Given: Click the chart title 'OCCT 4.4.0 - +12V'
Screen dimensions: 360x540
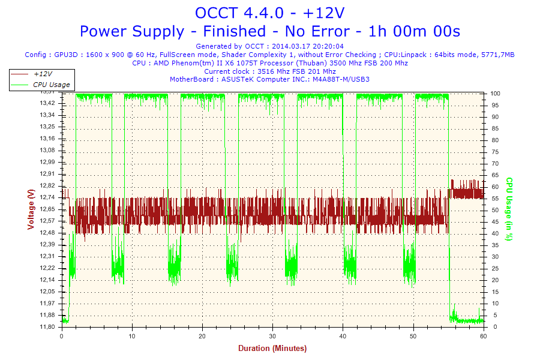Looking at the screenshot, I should [x=269, y=13].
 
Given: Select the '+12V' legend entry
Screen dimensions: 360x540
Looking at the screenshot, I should [x=43, y=74].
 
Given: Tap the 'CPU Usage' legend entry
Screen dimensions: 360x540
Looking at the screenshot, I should [x=51, y=85].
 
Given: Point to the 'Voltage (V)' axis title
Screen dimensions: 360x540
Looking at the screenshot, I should [x=31, y=209].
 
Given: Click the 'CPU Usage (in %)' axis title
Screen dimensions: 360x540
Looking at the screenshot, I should [x=509, y=209].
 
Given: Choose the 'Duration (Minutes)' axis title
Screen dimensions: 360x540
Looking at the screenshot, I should [x=272, y=348].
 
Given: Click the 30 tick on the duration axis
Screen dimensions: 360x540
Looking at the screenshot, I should [x=272, y=336].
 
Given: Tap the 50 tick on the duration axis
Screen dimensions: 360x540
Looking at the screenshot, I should [x=413, y=336].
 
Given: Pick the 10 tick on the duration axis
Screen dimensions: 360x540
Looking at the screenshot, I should [x=132, y=336].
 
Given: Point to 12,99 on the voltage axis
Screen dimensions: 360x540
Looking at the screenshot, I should [x=47, y=162].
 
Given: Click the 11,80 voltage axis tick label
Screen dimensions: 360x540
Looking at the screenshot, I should [x=47, y=327].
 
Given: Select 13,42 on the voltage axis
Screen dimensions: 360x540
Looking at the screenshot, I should [x=47, y=103].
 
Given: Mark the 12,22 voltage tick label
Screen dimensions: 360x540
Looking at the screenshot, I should [x=47, y=268].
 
